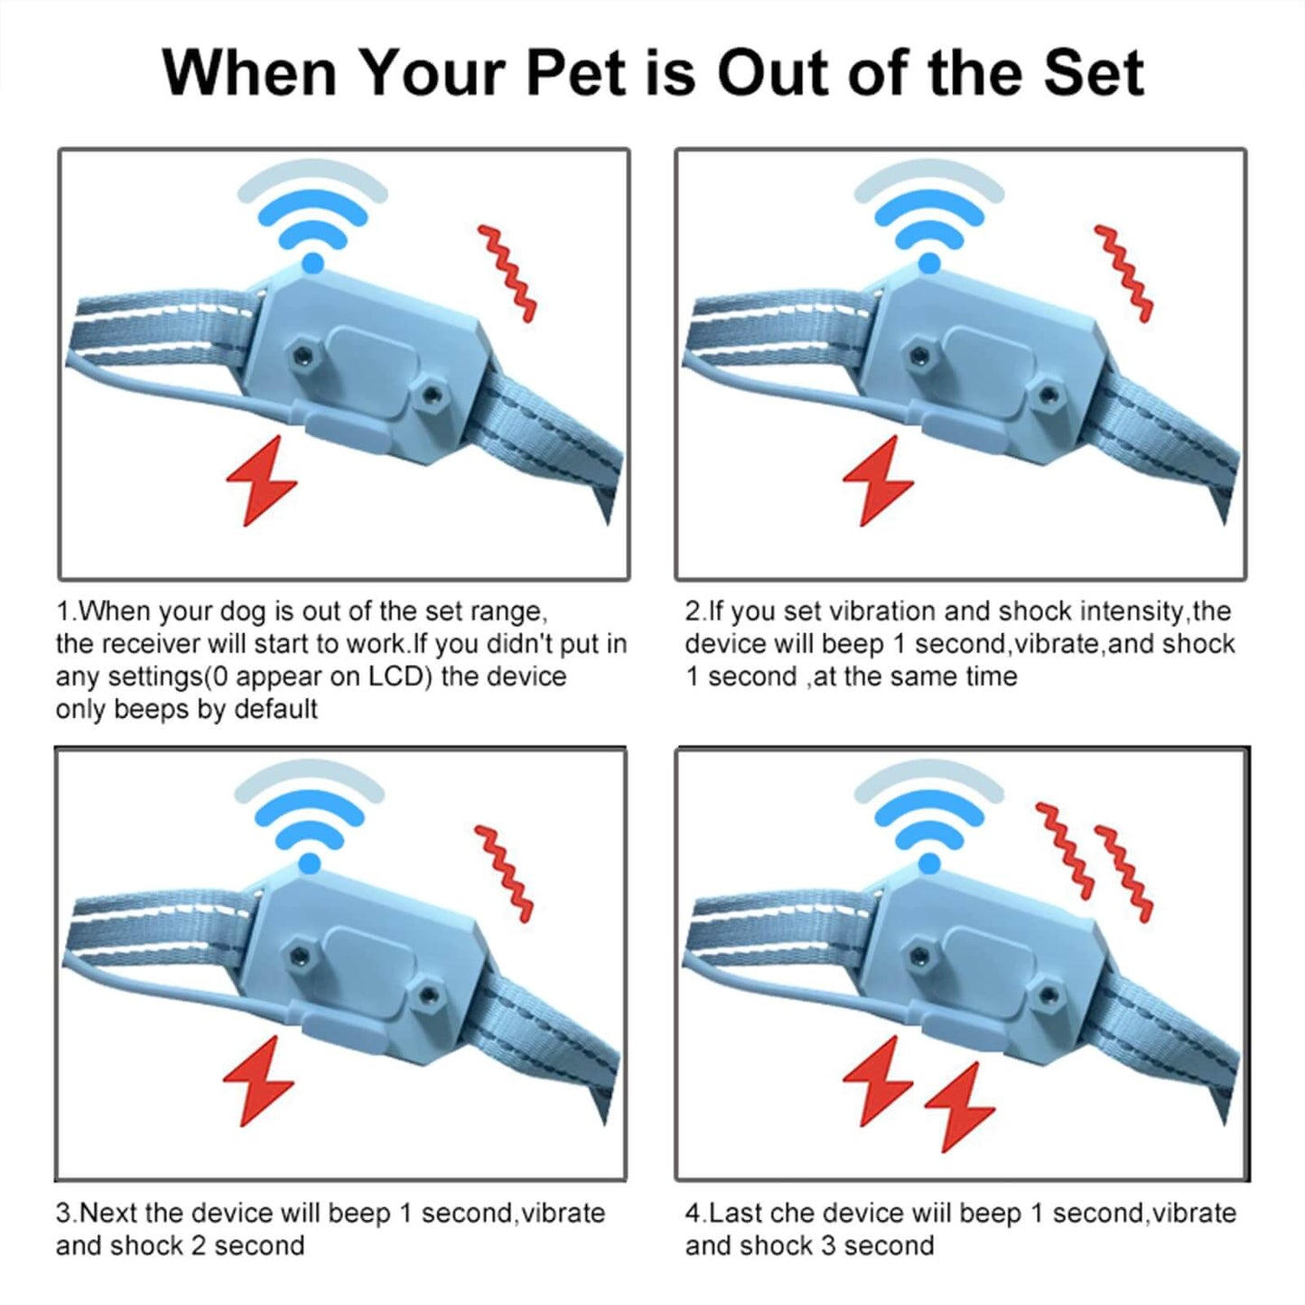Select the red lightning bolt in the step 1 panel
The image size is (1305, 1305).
click(261, 480)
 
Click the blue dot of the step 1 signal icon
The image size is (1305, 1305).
click(312, 263)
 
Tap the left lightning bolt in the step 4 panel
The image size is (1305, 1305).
click(877, 1080)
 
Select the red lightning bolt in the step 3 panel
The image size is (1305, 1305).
click(258, 1081)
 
